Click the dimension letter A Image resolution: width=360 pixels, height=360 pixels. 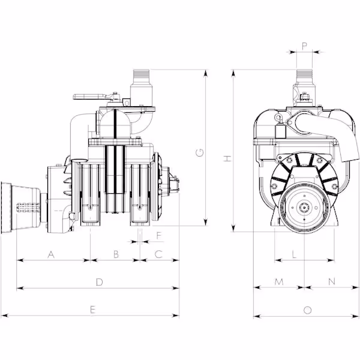pyautogui.click(x=51, y=254)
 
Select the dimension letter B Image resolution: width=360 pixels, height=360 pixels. pyautogui.click(x=116, y=254)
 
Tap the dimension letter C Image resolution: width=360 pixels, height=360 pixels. pyautogui.click(x=158, y=254)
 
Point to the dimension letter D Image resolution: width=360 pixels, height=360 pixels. pyautogui.click(x=99, y=282)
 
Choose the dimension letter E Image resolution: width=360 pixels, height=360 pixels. pyautogui.click(x=92, y=310)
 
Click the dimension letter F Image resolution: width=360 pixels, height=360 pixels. pyautogui.click(x=159, y=236)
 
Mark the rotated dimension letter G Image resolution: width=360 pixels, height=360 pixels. pyautogui.click(x=200, y=152)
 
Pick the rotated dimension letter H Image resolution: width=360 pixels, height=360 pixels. pyautogui.click(x=227, y=158)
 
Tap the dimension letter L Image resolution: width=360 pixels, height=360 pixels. pyautogui.click(x=295, y=254)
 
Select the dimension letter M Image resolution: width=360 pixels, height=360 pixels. pyautogui.click(x=279, y=282)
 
